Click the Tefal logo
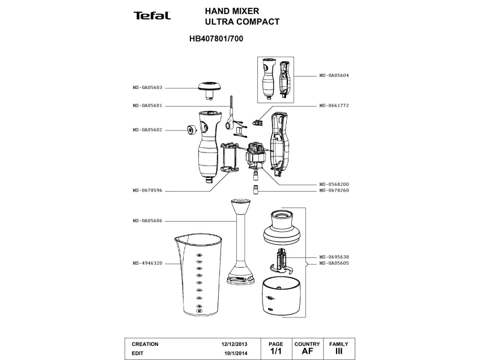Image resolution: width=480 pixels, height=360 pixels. coord(152,16)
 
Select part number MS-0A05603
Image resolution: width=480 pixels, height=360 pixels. coord(147,87)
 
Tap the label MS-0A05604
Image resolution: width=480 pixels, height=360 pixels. coord(334,75)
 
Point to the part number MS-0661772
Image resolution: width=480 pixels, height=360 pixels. coord(334,105)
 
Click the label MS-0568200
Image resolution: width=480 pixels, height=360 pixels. coord(334,184)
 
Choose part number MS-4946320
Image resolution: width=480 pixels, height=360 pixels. coord(147,263)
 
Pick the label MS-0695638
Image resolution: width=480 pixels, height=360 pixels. coord(334,257)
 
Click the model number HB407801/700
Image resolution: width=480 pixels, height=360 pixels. coord(216,39)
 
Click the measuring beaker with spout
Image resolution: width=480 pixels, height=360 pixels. coord(198,275)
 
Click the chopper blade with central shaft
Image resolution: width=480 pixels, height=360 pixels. coord(281,261)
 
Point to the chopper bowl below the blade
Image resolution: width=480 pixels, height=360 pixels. coord(281,297)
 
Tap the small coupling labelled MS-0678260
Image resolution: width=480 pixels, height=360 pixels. coord(256,189)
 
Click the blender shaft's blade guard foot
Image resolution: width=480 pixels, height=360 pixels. coord(241,276)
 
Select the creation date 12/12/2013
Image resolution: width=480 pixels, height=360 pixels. coord(234,344)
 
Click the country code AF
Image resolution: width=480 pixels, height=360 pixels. coord(307,351)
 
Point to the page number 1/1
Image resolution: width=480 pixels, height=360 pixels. coord(276,351)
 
